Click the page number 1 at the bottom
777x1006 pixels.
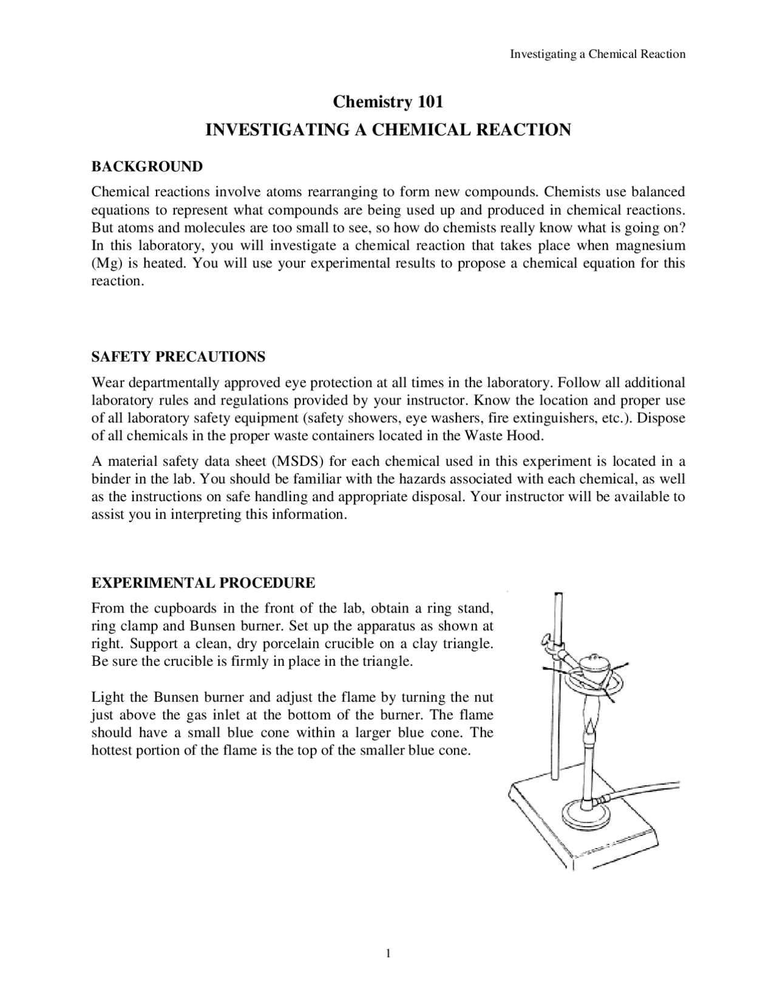(388, 953)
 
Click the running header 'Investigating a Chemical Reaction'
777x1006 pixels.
(597, 54)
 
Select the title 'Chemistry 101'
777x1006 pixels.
(388, 101)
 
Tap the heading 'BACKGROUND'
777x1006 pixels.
(147, 166)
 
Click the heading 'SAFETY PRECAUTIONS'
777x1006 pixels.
(178, 357)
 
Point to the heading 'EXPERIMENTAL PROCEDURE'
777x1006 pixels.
(203, 583)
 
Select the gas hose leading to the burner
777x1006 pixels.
(650, 789)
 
